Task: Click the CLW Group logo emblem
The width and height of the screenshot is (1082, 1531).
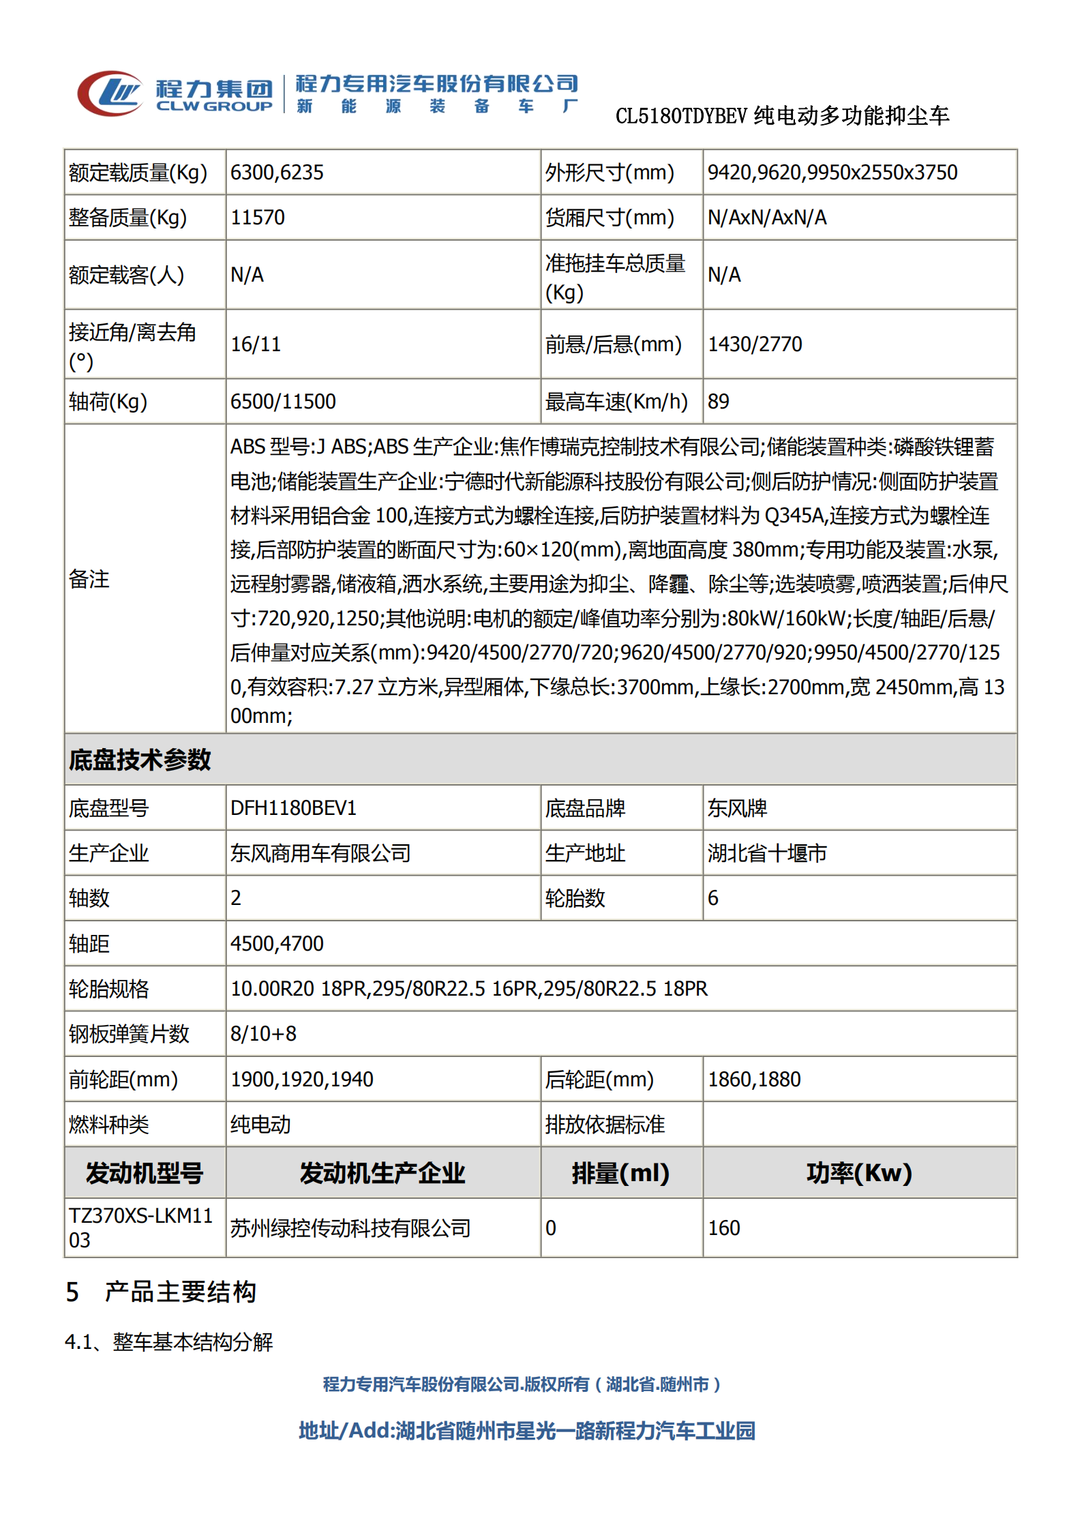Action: (x=110, y=93)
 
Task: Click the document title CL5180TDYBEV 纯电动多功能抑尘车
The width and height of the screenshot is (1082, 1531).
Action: (x=782, y=117)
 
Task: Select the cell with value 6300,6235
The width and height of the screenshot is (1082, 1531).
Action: (x=277, y=173)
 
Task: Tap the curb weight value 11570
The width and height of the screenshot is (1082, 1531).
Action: (x=258, y=218)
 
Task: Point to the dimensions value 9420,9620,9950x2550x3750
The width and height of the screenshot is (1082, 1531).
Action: (x=832, y=173)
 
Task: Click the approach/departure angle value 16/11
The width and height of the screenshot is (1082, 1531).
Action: (x=256, y=344)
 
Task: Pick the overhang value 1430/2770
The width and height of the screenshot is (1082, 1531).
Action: (x=755, y=344)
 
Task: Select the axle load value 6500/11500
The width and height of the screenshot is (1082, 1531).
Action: (x=283, y=402)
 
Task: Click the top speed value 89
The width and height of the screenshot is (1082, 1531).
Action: (x=719, y=402)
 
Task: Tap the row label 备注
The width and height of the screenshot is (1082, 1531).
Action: (x=89, y=580)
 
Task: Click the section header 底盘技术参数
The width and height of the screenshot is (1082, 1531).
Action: (x=140, y=760)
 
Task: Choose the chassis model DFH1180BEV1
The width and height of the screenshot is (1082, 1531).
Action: (x=293, y=808)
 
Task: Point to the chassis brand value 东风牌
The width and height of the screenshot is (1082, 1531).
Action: (x=737, y=808)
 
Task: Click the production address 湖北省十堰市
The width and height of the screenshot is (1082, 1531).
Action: (x=767, y=853)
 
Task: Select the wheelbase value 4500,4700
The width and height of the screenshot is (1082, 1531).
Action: (x=277, y=944)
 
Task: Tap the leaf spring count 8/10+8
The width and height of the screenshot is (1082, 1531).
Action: (x=263, y=1034)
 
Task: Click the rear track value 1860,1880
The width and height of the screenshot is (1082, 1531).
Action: (x=754, y=1080)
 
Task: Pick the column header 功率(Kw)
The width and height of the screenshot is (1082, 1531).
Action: (x=859, y=1173)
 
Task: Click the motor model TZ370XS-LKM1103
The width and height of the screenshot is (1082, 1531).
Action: (x=140, y=1228)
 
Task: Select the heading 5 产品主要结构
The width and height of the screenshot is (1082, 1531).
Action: (x=161, y=1292)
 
